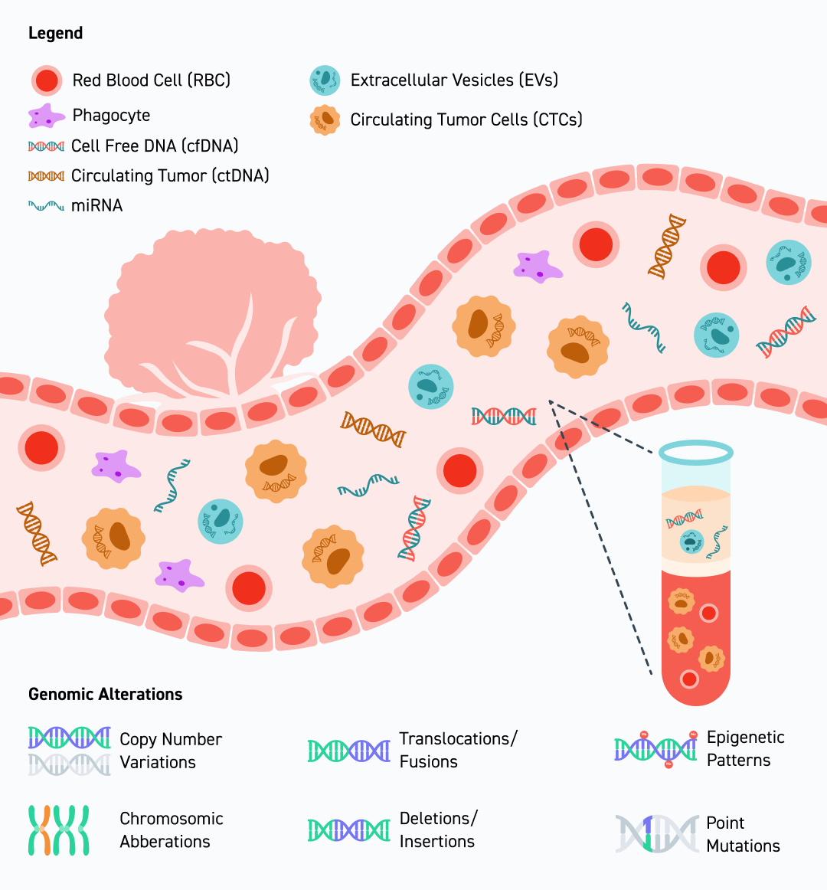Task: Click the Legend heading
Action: tap(55, 33)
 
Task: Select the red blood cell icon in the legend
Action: tap(47, 80)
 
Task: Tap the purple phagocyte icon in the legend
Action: tap(46, 116)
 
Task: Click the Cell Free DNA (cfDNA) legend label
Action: tap(154, 146)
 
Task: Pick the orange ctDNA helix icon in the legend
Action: tap(46, 176)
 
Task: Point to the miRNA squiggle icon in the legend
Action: tap(46, 205)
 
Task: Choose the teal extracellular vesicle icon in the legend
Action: tap(325, 80)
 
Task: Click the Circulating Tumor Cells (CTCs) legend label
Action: tap(466, 119)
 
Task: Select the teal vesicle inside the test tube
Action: tap(692, 542)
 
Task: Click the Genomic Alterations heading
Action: tap(105, 694)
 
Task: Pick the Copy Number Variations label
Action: tap(170, 751)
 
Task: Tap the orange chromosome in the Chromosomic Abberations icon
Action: tap(47, 830)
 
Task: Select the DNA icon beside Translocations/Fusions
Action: tap(348, 751)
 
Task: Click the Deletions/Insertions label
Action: tap(437, 829)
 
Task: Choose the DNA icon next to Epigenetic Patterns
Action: tap(655, 748)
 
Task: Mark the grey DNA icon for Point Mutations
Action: tap(656, 834)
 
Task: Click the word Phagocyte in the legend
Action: tap(111, 116)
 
